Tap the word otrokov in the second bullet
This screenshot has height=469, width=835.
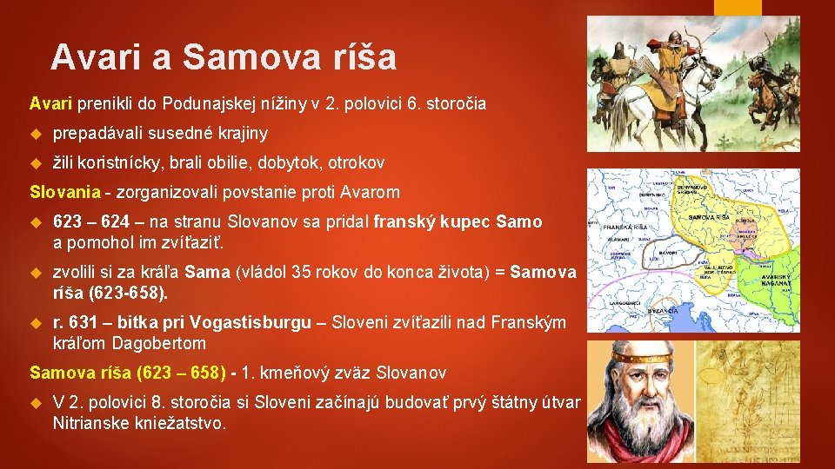point(356,162)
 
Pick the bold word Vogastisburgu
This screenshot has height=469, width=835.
point(250,323)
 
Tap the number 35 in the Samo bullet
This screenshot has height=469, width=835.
point(303,273)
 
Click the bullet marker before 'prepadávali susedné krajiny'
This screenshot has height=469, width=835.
point(36,134)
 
